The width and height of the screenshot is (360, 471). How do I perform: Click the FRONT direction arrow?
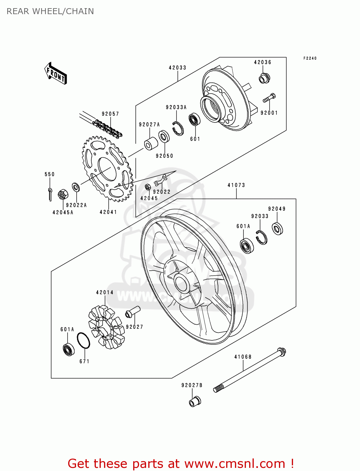[x=56, y=73]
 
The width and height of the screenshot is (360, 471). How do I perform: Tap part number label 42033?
[x=177, y=68]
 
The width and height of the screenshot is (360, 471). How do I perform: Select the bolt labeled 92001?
[x=269, y=98]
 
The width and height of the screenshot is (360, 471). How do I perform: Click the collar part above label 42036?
[x=264, y=78]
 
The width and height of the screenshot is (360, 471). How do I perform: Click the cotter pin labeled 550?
[x=50, y=193]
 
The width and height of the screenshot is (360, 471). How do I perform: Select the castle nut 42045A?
[x=63, y=194]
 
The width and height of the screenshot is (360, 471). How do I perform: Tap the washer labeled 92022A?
[x=76, y=187]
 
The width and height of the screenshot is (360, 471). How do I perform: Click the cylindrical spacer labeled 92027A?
[x=151, y=143]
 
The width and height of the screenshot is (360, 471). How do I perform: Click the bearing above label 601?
[x=194, y=120]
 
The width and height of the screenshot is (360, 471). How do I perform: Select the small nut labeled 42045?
[x=147, y=187]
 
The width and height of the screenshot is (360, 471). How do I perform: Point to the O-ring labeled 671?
[x=84, y=340]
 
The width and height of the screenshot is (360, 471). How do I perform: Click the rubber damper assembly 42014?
[x=106, y=327]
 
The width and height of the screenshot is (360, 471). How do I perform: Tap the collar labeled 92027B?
[x=195, y=402]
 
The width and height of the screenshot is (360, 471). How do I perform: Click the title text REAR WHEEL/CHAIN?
[x=50, y=11]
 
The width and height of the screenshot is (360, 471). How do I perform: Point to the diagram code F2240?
[x=310, y=58]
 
